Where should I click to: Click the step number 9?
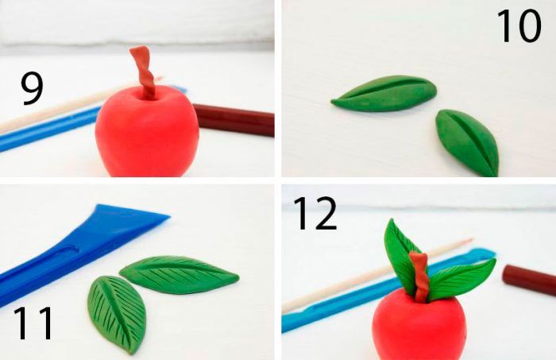point(32,88)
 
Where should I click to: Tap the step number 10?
point(519,25)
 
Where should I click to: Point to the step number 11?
point(33,323)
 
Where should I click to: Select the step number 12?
point(315,214)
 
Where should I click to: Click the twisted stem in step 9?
point(145,72)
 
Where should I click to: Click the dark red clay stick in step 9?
point(234,119)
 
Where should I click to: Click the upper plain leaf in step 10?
point(384,94)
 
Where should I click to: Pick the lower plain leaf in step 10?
point(467,142)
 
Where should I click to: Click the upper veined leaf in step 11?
point(179,274)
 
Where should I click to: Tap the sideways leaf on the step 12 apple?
point(461,281)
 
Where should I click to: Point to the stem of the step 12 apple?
point(420,277)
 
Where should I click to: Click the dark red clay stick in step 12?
point(529,281)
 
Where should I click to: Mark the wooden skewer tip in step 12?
point(472,240)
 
